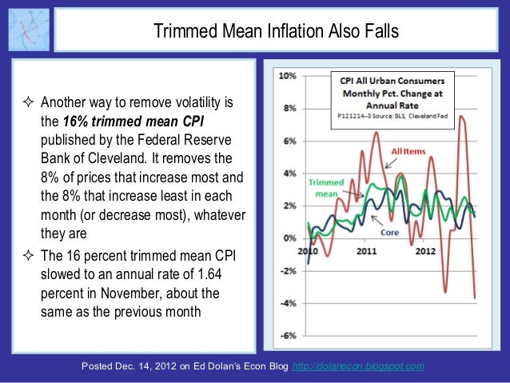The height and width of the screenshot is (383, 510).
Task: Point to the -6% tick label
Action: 288,335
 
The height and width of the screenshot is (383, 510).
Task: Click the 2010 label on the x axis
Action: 307,250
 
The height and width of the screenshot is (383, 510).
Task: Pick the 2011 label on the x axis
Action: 367,250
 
